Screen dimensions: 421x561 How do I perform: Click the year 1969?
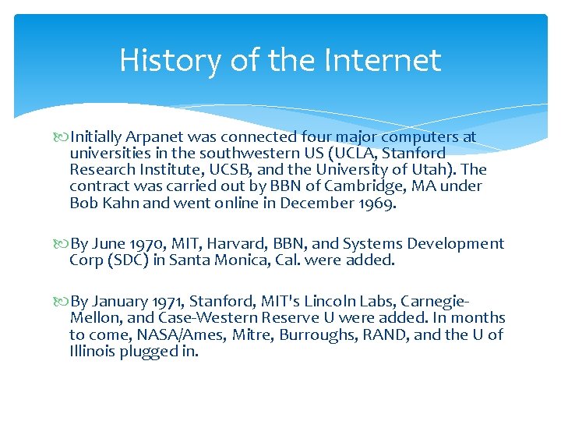point(379,203)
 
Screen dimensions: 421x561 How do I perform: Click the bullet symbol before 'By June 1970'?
point(62,244)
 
